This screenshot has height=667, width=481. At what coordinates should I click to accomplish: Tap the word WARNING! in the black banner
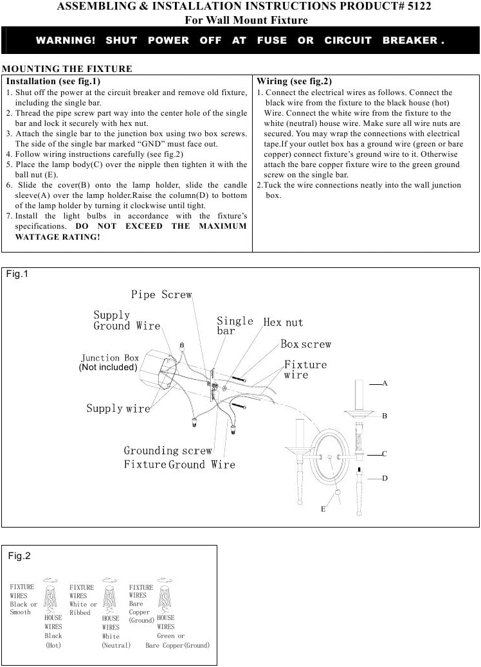[65, 40]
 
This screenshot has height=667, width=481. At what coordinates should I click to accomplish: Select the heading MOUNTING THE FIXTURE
[67, 69]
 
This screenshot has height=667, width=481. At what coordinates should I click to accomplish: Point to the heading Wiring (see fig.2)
[294, 82]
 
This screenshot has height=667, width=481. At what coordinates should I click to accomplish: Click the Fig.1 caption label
[17, 274]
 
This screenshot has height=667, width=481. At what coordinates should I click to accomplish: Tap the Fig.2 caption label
[19, 556]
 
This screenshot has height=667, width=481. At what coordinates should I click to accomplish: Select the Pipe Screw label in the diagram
[161, 294]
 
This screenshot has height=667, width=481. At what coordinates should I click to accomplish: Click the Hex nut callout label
[283, 322]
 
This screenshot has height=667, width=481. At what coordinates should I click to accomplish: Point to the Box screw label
[305, 344]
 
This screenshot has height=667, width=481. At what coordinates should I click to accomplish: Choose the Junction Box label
[109, 358]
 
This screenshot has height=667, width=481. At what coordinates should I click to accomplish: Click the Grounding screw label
[168, 450]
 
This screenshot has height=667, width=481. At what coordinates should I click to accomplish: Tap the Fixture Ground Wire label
[179, 464]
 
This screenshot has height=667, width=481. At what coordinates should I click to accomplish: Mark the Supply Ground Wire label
[127, 320]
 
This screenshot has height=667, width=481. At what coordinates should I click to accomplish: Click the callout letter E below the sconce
[323, 509]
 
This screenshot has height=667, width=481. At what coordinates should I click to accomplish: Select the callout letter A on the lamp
[385, 383]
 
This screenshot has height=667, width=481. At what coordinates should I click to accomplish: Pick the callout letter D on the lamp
[385, 478]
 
